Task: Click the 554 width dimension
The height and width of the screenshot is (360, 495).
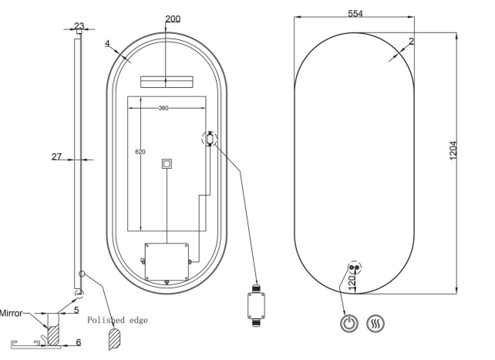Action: [355, 14]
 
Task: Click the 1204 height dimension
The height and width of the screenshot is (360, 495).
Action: [453, 150]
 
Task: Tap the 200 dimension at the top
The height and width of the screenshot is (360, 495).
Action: [173, 19]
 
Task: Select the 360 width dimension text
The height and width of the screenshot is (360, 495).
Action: [163, 108]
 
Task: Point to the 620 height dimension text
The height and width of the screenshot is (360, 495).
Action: [140, 152]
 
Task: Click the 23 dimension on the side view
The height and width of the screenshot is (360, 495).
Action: [79, 25]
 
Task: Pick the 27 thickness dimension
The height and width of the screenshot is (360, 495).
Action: [56, 156]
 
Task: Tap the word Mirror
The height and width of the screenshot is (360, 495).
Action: [12, 313]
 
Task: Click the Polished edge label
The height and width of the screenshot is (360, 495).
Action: [117, 320]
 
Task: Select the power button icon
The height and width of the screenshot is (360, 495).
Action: [349, 324]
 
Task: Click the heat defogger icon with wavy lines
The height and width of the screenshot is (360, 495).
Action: [375, 324]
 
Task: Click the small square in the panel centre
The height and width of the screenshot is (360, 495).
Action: [167, 163]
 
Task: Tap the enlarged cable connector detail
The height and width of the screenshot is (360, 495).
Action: [256, 305]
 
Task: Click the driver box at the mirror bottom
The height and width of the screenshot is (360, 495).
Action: [167, 261]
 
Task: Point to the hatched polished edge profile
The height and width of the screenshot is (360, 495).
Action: [114, 339]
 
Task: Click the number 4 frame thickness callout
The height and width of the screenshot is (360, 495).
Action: [107, 43]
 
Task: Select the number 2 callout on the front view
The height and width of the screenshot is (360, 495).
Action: [411, 41]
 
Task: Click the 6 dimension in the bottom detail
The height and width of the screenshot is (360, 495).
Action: [79, 342]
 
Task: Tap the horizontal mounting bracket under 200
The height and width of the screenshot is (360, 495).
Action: [167, 82]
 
